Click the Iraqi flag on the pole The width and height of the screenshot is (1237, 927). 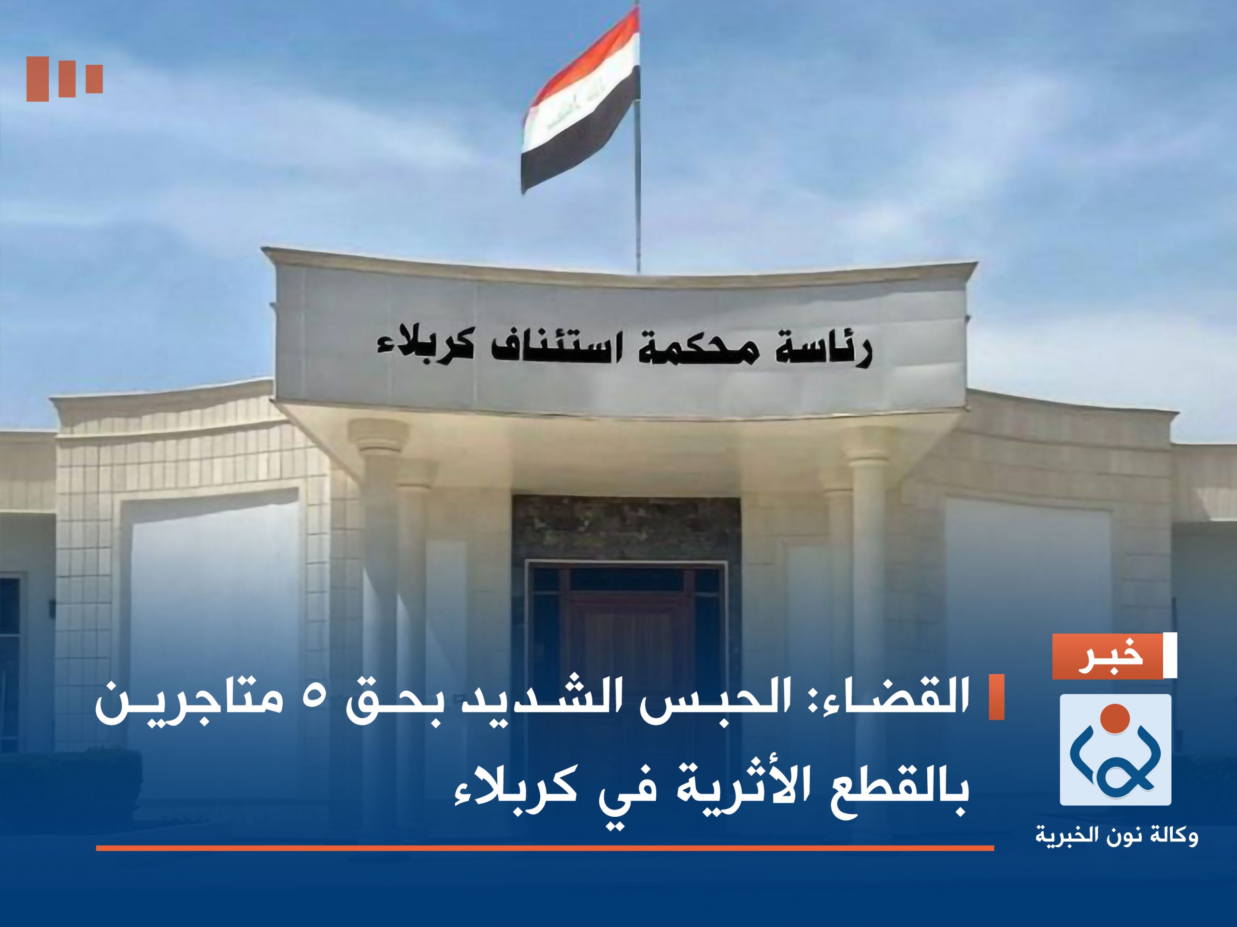(582, 101)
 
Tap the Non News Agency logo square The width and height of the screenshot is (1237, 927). (1115, 750)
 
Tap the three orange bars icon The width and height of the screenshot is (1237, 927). (64, 78)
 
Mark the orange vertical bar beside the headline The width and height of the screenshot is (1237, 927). (996, 696)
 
